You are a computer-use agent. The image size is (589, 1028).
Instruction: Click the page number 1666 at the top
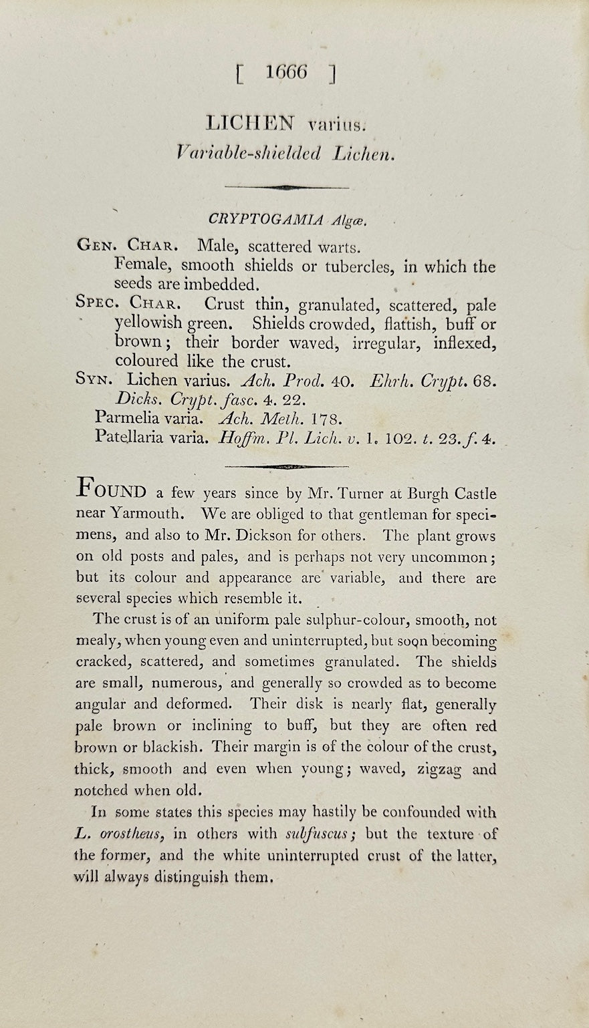(285, 72)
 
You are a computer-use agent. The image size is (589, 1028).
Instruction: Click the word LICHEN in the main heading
(250, 123)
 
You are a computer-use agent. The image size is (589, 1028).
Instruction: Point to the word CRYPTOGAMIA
(266, 219)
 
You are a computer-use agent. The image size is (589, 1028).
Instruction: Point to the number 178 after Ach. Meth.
(328, 419)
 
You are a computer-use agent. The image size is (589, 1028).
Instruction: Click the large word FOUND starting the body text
(112, 491)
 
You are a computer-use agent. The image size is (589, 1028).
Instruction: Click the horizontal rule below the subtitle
(286, 188)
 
